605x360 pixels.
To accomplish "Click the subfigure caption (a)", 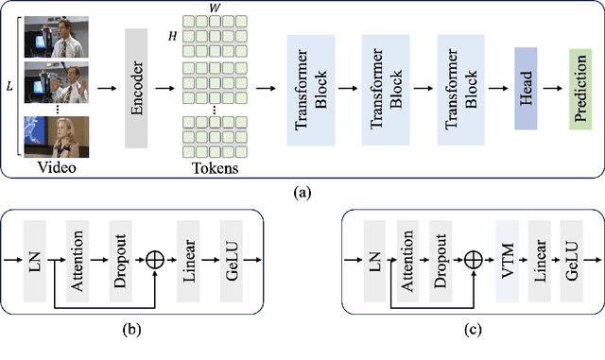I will coord(302,192).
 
